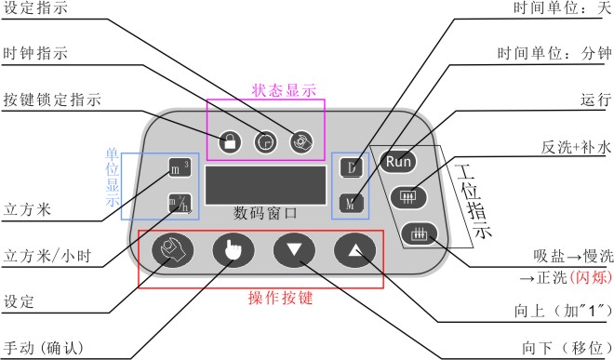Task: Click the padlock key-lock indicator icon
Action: (230, 141)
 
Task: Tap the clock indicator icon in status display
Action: (265, 141)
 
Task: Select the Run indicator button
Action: (398, 161)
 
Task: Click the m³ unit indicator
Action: (180, 167)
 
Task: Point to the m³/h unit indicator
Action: (180, 204)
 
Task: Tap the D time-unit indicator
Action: (352, 167)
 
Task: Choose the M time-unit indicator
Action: (352, 204)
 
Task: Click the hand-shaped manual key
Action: (234, 249)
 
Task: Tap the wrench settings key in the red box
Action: (172, 249)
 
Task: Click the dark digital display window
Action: (265, 185)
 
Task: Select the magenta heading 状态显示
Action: (284, 90)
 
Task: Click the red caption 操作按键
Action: (280, 298)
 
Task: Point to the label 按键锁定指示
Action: (52, 100)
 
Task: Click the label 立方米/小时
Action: (47, 256)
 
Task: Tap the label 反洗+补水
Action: (576, 147)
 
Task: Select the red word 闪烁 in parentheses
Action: (591, 277)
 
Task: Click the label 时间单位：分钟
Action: (554, 53)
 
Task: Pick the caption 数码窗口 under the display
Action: (265, 214)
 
